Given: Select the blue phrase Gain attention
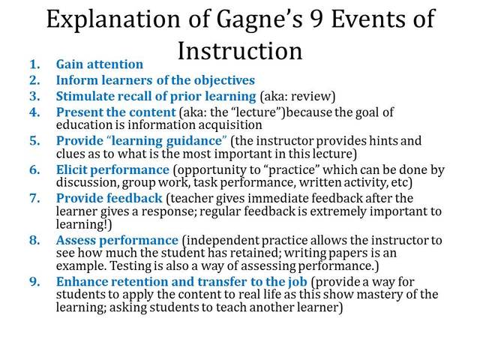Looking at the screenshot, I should pos(99,65).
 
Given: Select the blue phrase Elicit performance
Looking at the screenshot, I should pos(112,169).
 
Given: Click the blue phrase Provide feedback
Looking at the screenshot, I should pos(109,199).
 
